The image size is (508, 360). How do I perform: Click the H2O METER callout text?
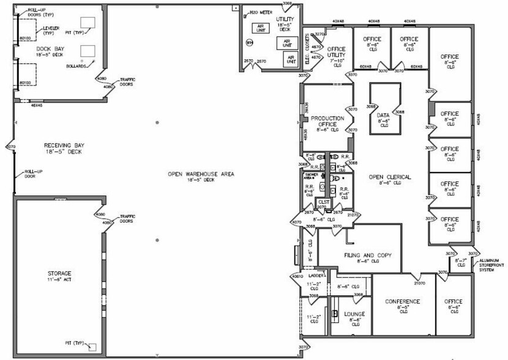[257, 13]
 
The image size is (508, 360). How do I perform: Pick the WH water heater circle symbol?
[249, 43]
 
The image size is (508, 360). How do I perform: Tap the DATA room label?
[383, 115]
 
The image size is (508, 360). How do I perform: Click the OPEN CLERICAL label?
[390, 177]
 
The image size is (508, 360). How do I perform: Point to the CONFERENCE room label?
[402, 301]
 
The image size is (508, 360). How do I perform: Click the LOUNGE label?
[354, 314]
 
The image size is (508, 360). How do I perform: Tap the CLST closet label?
[324, 201]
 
